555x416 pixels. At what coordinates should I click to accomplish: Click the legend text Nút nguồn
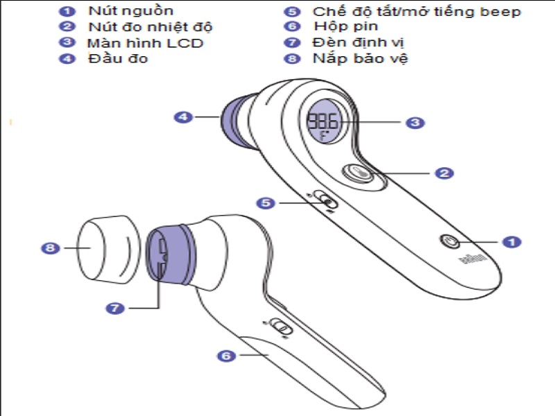point(130,11)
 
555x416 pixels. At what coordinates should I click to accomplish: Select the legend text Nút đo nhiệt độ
point(150,27)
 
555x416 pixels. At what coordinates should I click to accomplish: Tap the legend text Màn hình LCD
point(145,43)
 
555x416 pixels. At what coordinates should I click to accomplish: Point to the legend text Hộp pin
point(345,27)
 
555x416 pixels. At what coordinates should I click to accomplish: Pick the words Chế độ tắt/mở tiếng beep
point(416,11)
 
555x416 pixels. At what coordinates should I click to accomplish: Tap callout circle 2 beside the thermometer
point(444,173)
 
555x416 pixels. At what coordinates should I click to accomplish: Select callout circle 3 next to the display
point(414,123)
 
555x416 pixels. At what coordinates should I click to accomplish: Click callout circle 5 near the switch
point(266,203)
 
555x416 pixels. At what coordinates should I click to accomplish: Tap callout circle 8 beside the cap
point(49,248)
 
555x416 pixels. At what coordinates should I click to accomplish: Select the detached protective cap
point(104,250)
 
